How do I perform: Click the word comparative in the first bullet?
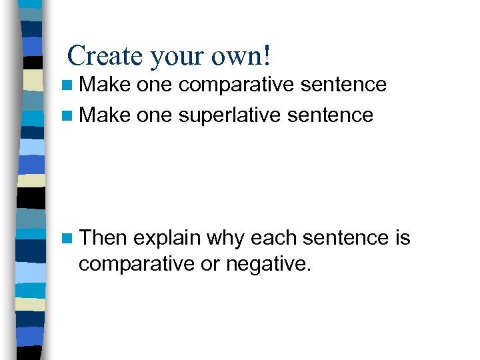(237, 85)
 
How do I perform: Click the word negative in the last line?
(268, 265)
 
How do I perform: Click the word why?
(227, 239)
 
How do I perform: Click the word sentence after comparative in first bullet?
(344, 85)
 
